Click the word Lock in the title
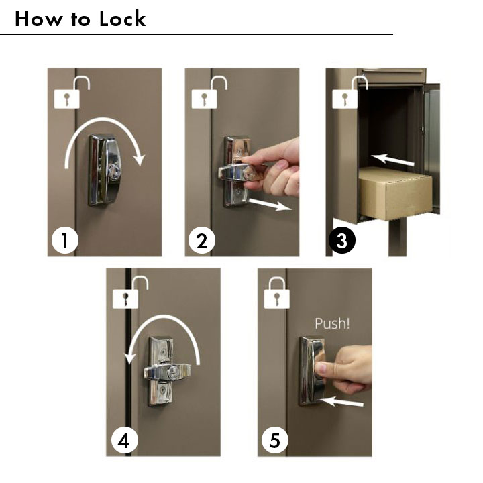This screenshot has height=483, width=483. point(122,19)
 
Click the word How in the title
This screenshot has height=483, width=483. point(38,19)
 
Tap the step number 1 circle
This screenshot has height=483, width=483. point(65,241)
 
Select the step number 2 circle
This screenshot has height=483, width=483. point(202,241)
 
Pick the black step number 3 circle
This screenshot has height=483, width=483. point(342,241)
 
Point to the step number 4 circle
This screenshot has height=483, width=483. point(124,441)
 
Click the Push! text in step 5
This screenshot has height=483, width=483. point(332,323)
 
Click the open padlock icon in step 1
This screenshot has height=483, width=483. point(72,93)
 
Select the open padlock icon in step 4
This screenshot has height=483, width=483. point(130,292)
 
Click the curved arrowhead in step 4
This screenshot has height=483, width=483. point(129,359)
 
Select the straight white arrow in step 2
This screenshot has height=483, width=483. point(270,204)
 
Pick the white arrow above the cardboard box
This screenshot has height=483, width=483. point(392,160)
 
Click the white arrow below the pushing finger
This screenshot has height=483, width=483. point(341,402)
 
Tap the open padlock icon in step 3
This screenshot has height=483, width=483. point(350,93)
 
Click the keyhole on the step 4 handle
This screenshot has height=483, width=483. point(174,370)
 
